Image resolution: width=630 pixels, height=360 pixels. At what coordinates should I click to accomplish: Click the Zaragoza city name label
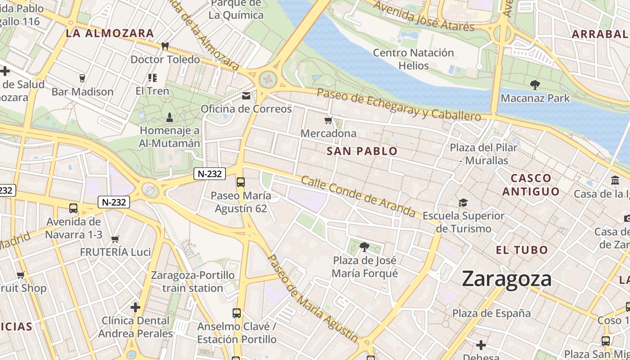point(507,279)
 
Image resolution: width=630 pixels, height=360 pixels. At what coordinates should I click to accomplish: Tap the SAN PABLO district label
point(362,151)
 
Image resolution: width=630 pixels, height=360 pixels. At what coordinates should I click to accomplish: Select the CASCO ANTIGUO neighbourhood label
point(531,185)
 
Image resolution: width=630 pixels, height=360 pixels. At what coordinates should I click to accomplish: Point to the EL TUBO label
point(522,250)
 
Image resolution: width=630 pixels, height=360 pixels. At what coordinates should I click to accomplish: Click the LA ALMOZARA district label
point(110,33)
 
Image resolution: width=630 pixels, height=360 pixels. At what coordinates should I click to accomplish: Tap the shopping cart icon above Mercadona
point(328,121)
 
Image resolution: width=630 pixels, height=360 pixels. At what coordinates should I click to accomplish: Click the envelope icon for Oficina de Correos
point(246,96)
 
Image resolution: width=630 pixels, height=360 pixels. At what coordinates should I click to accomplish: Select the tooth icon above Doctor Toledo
point(165,46)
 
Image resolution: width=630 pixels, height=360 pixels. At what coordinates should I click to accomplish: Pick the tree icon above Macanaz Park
point(535,85)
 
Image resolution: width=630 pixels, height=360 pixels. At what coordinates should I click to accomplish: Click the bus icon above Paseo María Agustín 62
point(241,182)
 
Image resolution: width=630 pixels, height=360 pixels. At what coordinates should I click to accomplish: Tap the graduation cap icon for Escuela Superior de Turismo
point(463,203)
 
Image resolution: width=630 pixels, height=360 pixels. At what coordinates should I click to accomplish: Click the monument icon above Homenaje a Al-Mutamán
point(169,117)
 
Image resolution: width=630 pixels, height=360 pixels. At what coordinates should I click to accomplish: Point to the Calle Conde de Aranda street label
point(358,196)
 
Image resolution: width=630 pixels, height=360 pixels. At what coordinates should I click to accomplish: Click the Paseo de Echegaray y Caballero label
point(399,104)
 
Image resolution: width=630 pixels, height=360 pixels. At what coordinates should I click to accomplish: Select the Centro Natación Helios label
point(414,59)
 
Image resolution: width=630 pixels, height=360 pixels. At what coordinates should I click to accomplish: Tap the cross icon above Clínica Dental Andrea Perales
point(135,307)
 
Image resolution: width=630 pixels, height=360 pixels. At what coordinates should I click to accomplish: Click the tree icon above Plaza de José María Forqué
point(364,247)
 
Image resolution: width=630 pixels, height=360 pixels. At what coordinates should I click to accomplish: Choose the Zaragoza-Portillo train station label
point(193,281)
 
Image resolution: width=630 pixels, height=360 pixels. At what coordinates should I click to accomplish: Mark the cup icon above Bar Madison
point(82,78)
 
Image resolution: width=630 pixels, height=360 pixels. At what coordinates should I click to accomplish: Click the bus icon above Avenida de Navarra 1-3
point(73,208)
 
